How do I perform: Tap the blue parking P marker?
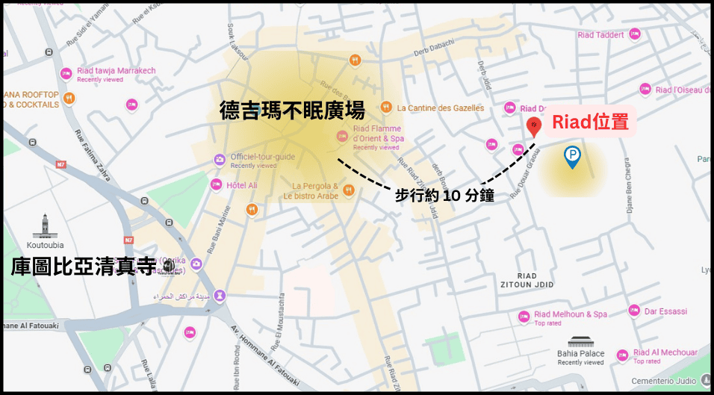tap(572, 156)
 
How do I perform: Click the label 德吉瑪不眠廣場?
tap(292, 111)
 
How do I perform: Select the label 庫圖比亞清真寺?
tap(84, 267)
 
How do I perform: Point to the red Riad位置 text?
tap(589, 122)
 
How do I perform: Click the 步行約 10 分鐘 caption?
tap(444, 196)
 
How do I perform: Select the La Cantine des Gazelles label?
tap(441, 108)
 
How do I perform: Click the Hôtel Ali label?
tap(242, 185)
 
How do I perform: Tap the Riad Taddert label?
tap(600, 34)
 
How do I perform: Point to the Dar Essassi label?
tap(665, 311)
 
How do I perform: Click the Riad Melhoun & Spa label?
tap(571, 314)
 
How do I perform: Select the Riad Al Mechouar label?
tap(665, 352)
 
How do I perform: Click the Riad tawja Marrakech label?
tap(117, 71)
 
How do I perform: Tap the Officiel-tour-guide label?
tap(262, 157)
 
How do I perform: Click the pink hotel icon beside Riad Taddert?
tap(635, 34)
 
